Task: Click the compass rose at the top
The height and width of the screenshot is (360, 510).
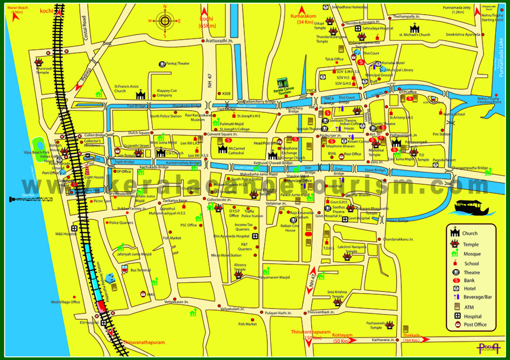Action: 165,22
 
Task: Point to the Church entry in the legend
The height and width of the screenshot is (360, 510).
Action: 469,233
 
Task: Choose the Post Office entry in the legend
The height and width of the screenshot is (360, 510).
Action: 474,325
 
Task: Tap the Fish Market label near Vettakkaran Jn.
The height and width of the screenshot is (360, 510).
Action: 172,238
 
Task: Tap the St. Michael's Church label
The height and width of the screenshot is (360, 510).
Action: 415,35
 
